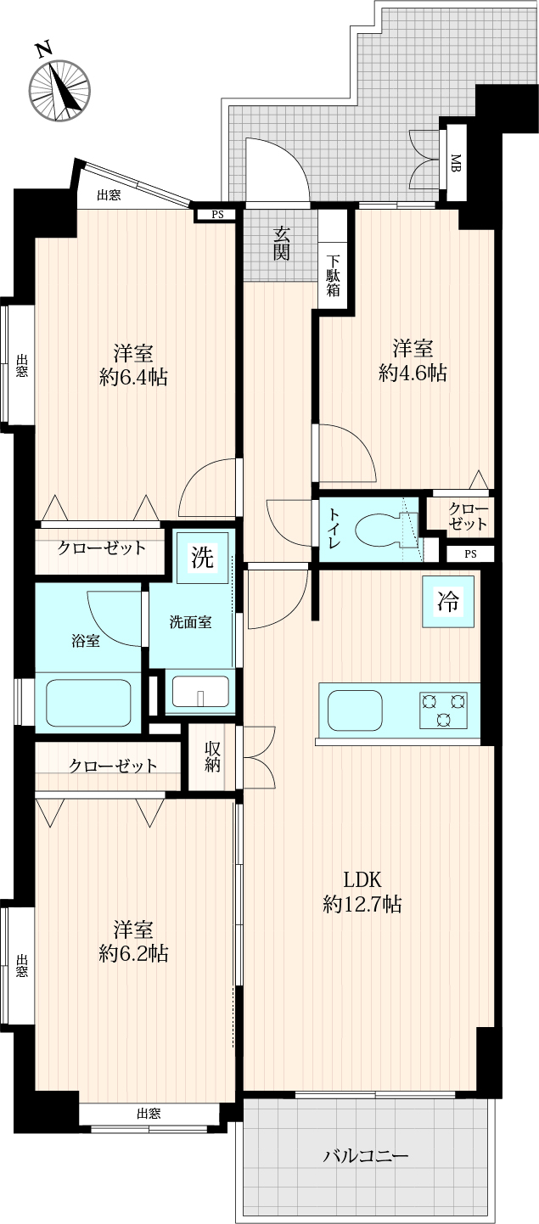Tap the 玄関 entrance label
tap(282, 243)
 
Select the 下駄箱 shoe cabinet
tap(334, 275)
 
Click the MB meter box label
tap(456, 163)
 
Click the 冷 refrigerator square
tap(447, 601)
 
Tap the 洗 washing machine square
tap(202, 557)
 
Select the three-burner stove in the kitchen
tap(443, 710)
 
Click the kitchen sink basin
tap(355, 710)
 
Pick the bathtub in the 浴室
tap(88, 702)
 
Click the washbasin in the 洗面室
tap(200, 692)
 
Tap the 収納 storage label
tap(213, 757)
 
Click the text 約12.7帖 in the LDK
tap(362, 904)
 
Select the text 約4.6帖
tap(413, 373)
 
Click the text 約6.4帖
tap(133, 377)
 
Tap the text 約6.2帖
tap(133, 953)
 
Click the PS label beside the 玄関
tap(217, 215)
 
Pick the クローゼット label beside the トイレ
tap(468, 516)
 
